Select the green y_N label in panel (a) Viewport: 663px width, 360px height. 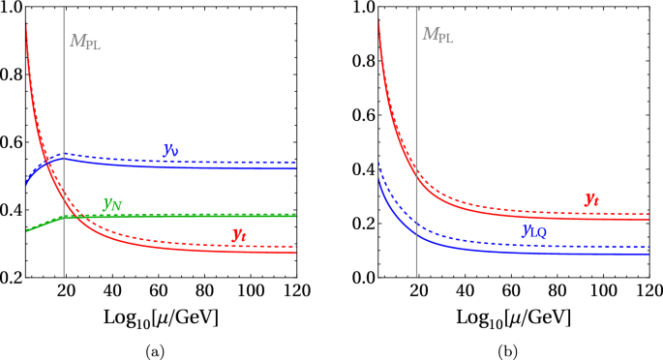pyautogui.click(x=111, y=204)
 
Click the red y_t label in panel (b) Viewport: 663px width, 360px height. pyautogui.click(x=591, y=198)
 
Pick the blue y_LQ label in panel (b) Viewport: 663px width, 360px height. pyautogui.click(x=539, y=230)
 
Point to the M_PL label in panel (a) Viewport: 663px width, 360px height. pyautogui.click(x=83, y=41)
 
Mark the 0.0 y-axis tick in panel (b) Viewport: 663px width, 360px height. pyautogui.click(x=363, y=278)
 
